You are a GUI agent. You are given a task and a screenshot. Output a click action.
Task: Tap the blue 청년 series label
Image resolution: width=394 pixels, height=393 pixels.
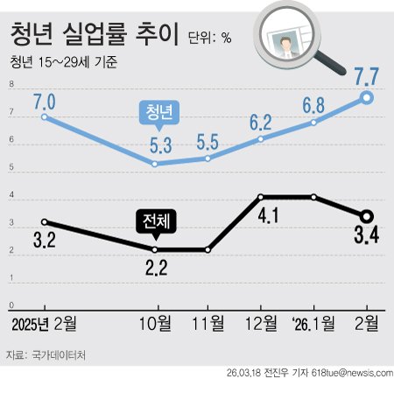[159, 112]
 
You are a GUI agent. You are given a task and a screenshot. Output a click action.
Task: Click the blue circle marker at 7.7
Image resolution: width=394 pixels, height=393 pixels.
[368, 98]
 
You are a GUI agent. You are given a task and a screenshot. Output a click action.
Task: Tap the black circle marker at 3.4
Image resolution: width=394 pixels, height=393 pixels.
[368, 216]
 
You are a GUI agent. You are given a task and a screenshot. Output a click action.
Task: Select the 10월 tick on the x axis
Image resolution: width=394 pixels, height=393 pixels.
[156, 323]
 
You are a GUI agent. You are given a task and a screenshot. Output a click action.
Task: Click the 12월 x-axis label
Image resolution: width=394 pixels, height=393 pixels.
[261, 323]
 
